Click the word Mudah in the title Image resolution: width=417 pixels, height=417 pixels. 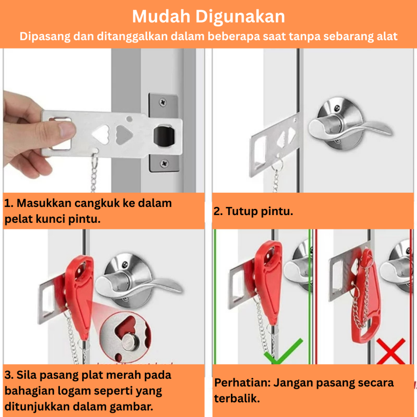click(x=161, y=16)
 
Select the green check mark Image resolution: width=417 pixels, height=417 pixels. click(x=283, y=351)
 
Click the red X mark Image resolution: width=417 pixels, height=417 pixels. click(x=391, y=351)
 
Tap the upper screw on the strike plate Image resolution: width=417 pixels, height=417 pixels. click(x=163, y=102)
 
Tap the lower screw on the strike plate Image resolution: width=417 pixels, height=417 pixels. click(x=165, y=163)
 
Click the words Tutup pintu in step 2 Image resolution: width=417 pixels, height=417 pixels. click(x=259, y=211)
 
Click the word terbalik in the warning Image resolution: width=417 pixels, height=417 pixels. click(x=237, y=399)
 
